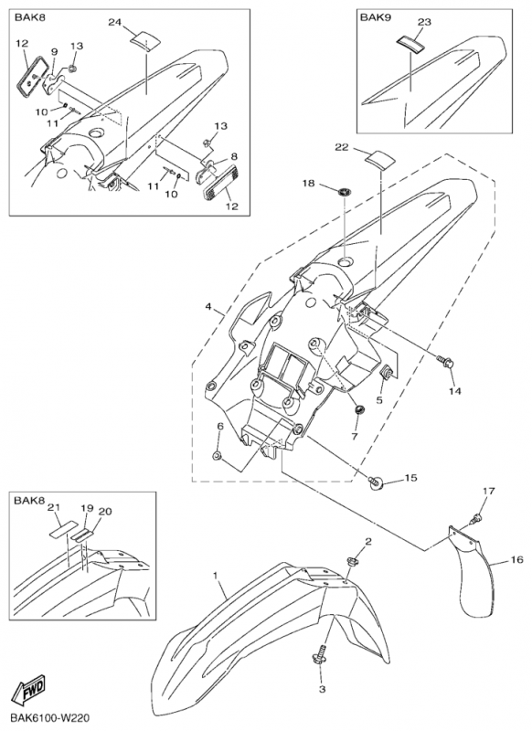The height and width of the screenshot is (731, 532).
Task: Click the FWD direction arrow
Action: click(29, 690)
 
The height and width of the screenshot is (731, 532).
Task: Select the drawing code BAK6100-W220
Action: click(49, 717)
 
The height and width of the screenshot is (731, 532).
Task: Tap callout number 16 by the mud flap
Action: click(517, 559)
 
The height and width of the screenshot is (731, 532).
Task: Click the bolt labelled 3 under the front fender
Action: click(320, 657)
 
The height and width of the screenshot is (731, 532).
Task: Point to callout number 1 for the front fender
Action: click(216, 577)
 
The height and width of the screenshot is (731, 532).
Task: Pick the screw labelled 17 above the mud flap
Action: click(477, 516)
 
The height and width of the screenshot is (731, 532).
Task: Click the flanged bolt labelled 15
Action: click(376, 483)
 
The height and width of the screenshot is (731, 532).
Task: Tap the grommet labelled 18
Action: click(344, 191)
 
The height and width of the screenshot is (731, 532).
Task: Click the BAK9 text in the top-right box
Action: click(376, 17)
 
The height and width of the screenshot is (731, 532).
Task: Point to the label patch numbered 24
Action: click(144, 38)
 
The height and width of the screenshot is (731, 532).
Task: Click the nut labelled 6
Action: click(217, 455)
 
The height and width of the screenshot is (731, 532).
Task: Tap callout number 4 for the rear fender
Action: click(207, 307)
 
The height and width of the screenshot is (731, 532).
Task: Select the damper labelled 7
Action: click(359, 410)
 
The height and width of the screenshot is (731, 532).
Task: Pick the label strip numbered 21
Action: click(63, 530)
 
